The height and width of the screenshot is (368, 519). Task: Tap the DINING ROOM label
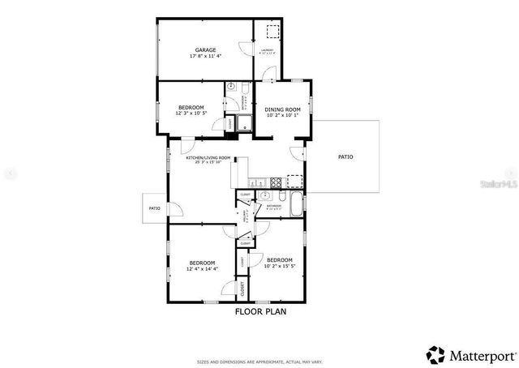(282, 109)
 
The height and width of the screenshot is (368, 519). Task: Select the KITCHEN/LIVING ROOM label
(208, 158)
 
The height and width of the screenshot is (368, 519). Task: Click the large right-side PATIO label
(345, 157)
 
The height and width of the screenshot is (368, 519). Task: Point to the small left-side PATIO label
(154, 208)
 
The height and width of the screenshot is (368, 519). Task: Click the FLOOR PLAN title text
(260, 310)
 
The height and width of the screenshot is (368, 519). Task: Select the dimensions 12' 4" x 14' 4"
(202, 268)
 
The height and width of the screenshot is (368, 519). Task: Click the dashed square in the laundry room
(269, 32)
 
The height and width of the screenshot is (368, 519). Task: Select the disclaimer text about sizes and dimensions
(260, 361)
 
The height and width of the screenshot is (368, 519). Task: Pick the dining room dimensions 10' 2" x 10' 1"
(282, 115)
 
